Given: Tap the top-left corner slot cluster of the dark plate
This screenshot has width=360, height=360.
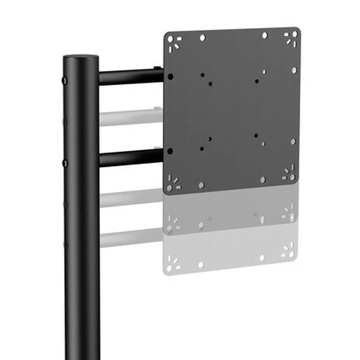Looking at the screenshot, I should coord(175,42).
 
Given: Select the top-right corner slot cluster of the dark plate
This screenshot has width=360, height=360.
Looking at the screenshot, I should coord(291,37).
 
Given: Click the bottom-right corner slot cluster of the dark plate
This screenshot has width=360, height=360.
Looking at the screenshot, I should coord(289,174).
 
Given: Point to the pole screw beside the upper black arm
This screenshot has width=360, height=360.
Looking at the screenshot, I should coord(65,81).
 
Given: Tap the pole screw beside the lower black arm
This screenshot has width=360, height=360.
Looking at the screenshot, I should coord(65,163).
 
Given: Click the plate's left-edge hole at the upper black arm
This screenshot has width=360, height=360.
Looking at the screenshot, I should coord(170,76).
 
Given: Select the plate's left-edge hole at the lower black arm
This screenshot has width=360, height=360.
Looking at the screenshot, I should coord(170,151).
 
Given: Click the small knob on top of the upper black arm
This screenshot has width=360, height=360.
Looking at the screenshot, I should coord(155,68).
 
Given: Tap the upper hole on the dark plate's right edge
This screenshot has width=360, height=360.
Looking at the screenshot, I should coord(294,70).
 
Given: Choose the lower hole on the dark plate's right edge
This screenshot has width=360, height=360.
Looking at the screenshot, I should coord(293,141).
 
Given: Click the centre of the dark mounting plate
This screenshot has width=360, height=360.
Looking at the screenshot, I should coord(232,111).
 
